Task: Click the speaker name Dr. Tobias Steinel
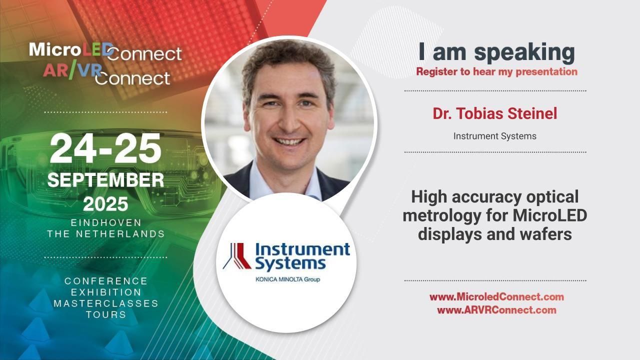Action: [x=494, y=114]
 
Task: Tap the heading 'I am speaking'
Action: [x=496, y=52]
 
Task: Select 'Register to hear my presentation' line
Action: [x=496, y=71]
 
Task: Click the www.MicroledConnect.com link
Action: [x=496, y=297]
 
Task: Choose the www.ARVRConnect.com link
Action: [x=496, y=310]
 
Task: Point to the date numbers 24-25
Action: [x=105, y=149]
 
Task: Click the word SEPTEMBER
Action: [x=105, y=180]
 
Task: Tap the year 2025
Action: [x=105, y=204]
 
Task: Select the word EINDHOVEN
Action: [x=106, y=222]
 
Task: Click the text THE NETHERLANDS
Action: [x=106, y=234]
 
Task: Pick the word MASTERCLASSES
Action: [x=106, y=303]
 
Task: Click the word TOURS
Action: [x=106, y=315]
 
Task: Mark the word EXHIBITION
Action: [x=106, y=292]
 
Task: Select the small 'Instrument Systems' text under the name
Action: [x=494, y=136]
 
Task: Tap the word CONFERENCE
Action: [x=106, y=281]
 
